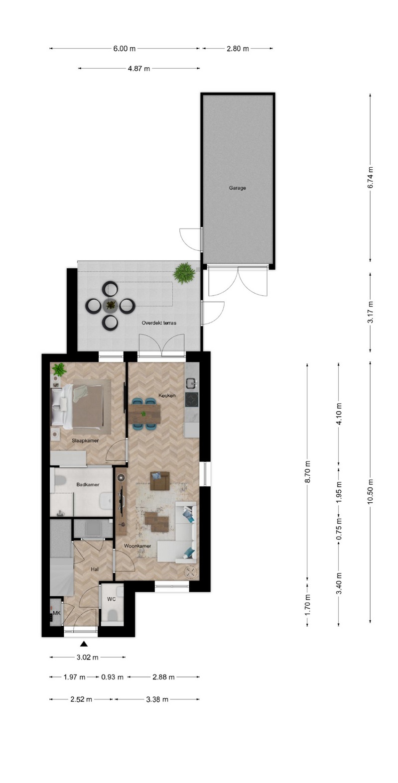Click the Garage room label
point(237,188)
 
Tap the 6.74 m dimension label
point(371,178)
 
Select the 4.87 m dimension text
point(139,69)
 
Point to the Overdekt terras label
point(159,323)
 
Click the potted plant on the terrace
point(184,272)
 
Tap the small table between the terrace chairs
point(111,305)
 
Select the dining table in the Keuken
point(144,414)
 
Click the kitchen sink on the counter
point(192,384)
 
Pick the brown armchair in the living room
point(160,481)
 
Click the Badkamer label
point(88,484)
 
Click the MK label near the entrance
point(57,613)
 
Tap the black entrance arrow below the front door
point(84,644)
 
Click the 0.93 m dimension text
point(112,677)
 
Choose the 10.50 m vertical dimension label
point(371,491)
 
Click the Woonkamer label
point(137,546)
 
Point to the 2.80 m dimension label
point(238,49)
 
